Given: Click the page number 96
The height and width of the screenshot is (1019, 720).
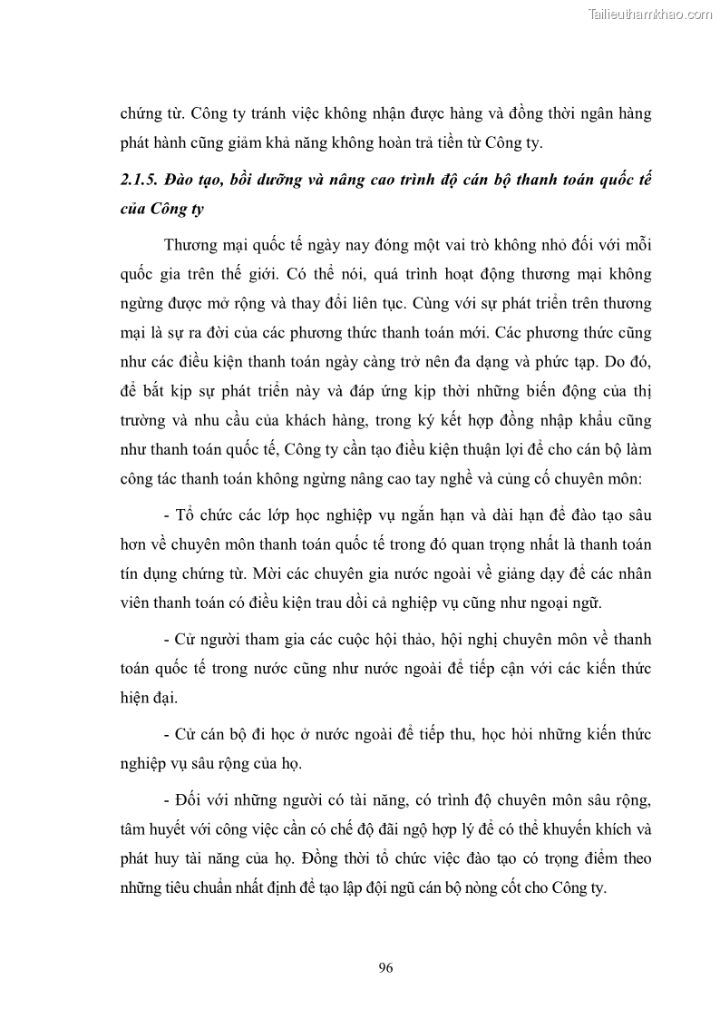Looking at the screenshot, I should tap(385, 967).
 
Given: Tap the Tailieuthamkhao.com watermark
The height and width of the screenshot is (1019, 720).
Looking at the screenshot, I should tap(651, 14).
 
